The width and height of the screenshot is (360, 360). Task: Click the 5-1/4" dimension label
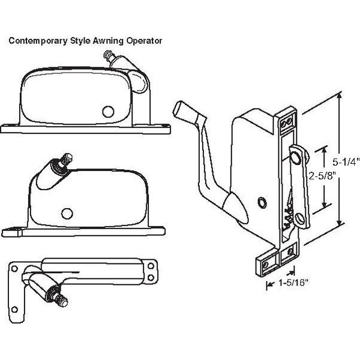coord(346,161)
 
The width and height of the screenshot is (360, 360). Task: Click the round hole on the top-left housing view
coord(108,111)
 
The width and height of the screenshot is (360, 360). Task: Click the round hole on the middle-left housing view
coord(67,212)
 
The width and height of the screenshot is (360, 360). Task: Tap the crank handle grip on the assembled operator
coord(185,110)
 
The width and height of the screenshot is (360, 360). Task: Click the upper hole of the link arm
coord(296,157)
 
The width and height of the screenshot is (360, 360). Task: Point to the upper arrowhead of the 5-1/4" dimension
coord(340,94)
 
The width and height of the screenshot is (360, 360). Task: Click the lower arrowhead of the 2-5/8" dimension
coord(325,205)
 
